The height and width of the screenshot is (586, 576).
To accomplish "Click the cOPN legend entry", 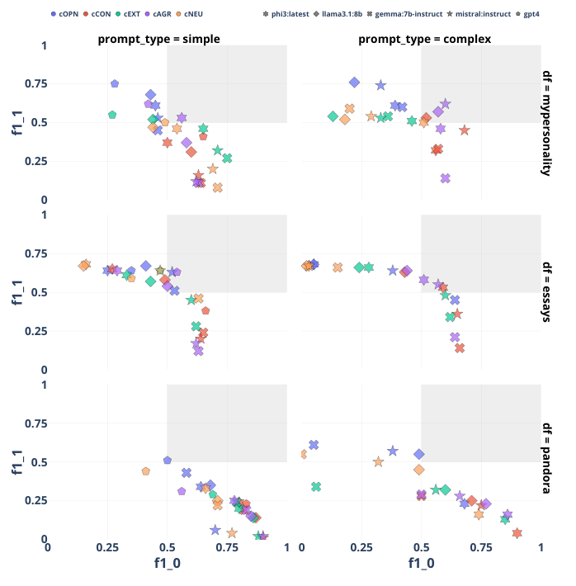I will tap(68, 14).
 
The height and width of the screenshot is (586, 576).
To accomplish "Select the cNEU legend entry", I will tap(193, 14).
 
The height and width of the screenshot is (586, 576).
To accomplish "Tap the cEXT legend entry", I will tap(132, 14).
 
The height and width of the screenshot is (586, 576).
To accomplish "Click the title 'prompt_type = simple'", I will tap(158, 38).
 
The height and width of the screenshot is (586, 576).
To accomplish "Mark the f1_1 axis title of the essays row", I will tap(17, 292).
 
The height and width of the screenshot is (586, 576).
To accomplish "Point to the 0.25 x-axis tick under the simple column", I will tap(107, 547).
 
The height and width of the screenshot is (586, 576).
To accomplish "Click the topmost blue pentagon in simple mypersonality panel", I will tap(115, 83).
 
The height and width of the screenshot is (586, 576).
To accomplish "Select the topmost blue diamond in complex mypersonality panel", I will tap(354, 82).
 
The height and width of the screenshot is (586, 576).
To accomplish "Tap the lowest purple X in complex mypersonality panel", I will tap(446, 178).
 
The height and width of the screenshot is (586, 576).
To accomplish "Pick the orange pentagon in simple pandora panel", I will tap(146, 471).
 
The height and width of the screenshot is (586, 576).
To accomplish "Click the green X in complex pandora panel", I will tap(316, 487).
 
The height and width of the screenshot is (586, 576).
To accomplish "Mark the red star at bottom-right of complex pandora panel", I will tap(517, 533).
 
